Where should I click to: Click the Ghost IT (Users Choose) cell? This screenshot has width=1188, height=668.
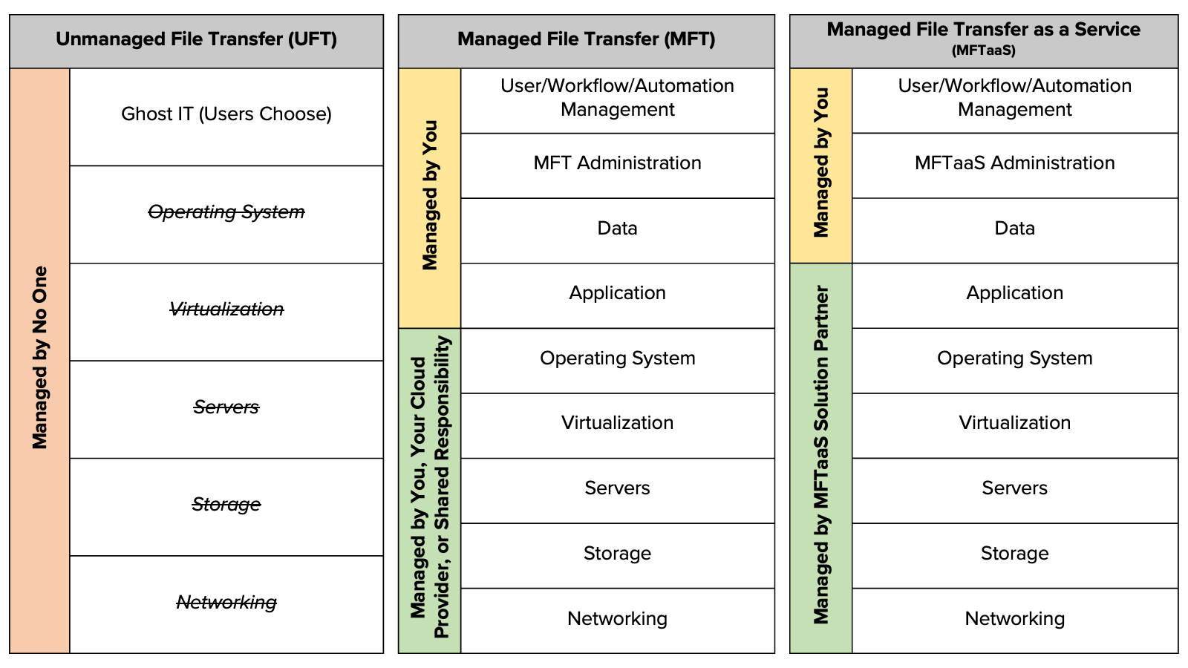(226, 114)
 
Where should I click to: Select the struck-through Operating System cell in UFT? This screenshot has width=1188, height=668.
(226, 212)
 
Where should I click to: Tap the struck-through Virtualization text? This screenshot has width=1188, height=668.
(226, 310)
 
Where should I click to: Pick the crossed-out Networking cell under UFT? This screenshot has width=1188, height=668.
(226, 603)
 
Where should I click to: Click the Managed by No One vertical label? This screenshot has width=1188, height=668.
(40, 358)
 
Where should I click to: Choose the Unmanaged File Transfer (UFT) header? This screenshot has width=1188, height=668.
(196, 39)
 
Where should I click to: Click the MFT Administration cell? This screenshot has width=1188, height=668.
(617, 163)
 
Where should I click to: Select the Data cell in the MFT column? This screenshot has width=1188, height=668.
(617, 229)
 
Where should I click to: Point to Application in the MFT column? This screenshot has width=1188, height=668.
(617, 293)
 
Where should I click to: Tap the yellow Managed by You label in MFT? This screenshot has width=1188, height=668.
(430, 196)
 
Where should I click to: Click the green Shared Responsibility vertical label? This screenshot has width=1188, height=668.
(430, 488)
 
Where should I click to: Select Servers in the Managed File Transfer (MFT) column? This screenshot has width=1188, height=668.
(617, 488)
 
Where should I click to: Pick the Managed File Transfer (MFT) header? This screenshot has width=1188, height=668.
(586, 39)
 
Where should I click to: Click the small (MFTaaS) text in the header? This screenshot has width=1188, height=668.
(983, 51)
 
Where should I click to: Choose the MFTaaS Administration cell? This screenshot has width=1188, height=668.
(1014, 163)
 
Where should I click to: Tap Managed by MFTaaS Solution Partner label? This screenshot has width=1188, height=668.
(821, 454)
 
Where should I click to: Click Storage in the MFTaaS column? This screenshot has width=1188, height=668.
(1014, 554)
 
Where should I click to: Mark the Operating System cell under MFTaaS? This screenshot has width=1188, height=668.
(1014, 358)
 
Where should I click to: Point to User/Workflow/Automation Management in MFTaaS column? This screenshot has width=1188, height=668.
(1014, 98)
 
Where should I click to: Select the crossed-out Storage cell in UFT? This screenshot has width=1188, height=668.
(226, 505)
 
